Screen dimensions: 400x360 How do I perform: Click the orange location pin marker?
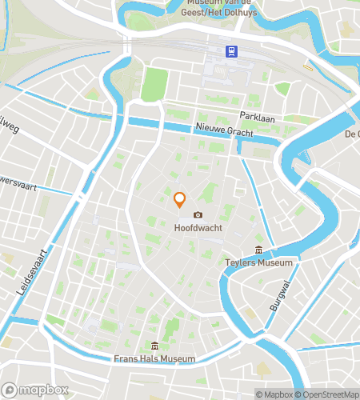[180, 200]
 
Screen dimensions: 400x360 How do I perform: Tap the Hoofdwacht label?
[198, 227]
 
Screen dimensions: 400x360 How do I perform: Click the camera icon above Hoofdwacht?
[198, 214]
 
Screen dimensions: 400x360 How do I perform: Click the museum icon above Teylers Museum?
[258, 250]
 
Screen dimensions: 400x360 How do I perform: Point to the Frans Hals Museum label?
[155, 359]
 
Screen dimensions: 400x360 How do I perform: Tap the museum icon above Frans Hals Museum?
[154, 346]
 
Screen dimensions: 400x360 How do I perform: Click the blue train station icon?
[231, 52]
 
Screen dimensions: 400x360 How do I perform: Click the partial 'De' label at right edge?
[352, 134]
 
